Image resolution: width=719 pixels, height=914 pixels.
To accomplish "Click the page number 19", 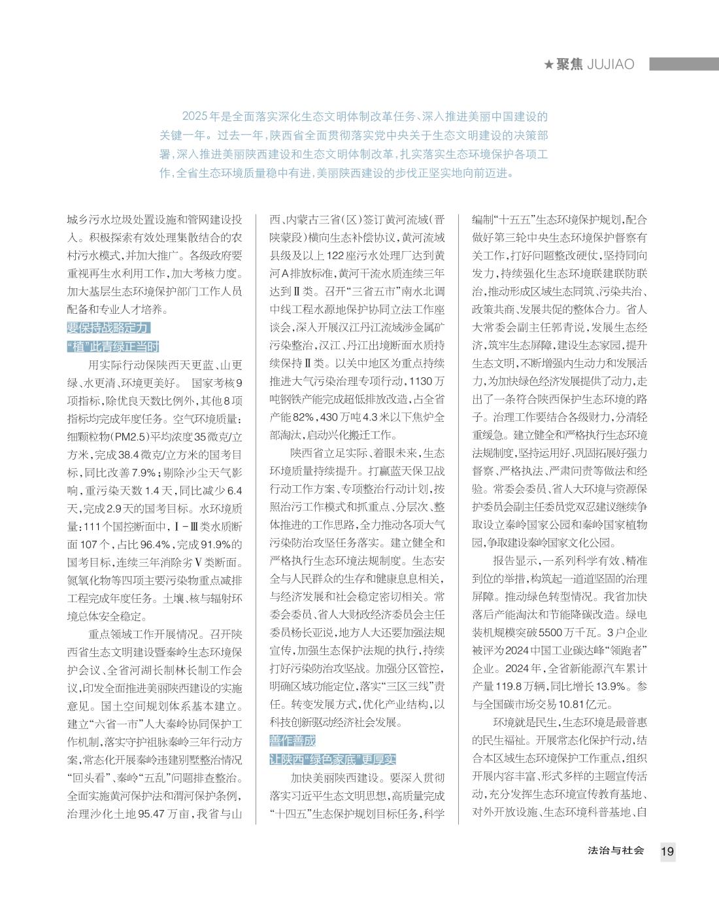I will tap(667, 851).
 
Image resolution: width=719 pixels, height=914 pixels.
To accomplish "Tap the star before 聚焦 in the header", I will tap(549, 65).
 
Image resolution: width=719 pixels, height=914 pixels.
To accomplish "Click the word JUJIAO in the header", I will tap(611, 65).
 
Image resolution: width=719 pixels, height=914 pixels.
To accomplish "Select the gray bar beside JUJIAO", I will tap(684, 64).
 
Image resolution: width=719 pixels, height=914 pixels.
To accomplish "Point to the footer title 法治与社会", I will tap(616, 851).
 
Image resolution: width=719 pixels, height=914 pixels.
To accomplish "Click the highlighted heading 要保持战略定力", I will tap(108, 328).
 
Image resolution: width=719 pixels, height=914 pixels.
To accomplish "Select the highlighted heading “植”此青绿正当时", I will tap(112, 347).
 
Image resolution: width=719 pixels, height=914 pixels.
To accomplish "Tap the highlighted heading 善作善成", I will tap(292, 741).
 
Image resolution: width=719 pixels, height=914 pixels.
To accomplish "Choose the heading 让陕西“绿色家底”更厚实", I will tap(333, 759).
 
